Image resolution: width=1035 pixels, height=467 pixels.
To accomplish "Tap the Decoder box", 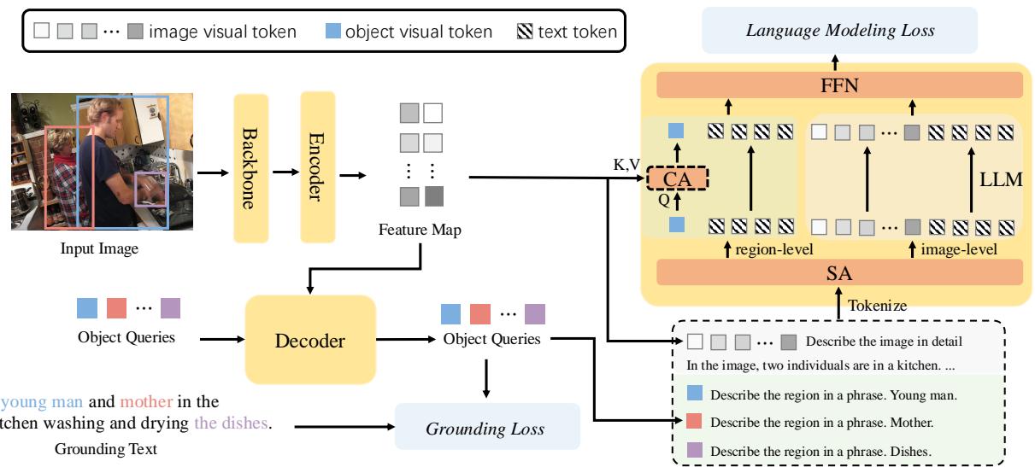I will [x=310, y=341].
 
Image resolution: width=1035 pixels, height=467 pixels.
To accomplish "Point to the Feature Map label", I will [x=420, y=231].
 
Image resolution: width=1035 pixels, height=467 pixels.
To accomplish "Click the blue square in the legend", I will [x=334, y=32].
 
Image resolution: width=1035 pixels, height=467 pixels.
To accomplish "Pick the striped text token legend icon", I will [x=525, y=32].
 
